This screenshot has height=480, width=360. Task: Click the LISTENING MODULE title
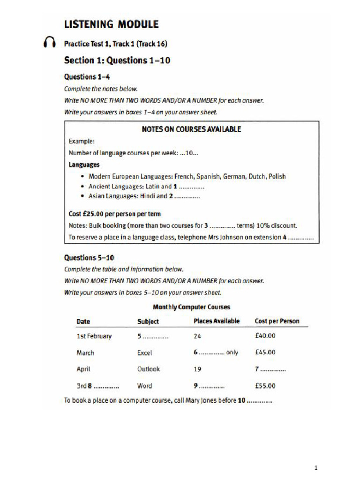(111, 24)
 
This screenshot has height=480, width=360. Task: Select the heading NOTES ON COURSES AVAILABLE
(191, 129)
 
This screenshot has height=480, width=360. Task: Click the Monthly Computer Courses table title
(192, 307)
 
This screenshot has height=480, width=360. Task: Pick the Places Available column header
(217, 321)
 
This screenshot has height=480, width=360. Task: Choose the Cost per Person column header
(277, 321)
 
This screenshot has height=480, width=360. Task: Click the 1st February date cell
(94, 336)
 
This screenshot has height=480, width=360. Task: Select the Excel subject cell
(144, 353)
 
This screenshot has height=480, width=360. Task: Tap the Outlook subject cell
(148, 369)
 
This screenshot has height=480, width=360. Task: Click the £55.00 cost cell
(265, 386)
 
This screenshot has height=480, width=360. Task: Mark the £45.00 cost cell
(265, 352)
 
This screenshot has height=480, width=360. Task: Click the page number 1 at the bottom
(316, 467)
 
